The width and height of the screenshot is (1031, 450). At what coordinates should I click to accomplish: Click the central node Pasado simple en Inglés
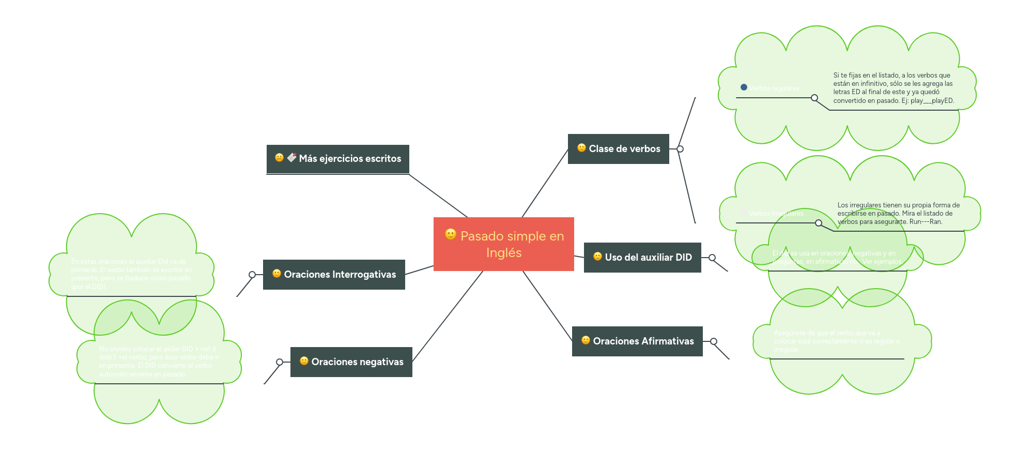click(503, 244)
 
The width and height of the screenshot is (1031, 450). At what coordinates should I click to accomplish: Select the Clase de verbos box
click(618, 149)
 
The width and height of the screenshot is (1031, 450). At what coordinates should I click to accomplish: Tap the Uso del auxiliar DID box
click(642, 258)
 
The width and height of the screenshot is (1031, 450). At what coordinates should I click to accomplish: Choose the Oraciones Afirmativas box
click(637, 341)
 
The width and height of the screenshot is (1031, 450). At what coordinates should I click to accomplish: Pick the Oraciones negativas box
click(351, 362)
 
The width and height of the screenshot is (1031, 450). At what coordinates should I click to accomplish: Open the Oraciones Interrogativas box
click(333, 275)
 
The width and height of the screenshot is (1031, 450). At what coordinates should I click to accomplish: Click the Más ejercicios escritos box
click(337, 159)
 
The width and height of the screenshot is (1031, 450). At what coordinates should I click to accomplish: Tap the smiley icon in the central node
click(451, 234)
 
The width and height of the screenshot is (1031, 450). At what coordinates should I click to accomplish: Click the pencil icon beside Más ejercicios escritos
click(292, 157)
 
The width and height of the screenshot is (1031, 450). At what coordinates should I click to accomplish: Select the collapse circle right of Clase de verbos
click(680, 149)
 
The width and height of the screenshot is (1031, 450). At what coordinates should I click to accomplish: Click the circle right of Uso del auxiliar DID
click(712, 258)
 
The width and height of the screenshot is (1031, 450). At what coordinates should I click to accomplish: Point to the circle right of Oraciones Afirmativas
click(714, 341)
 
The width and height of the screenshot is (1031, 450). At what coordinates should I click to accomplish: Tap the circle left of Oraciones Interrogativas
click(252, 275)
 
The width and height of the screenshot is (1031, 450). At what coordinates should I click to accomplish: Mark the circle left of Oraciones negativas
click(280, 362)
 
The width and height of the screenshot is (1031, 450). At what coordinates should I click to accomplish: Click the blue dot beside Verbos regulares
click(744, 87)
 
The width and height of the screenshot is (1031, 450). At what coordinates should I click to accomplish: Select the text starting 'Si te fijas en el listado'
click(893, 88)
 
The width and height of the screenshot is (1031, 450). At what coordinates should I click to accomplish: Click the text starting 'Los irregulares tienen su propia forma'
click(898, 214)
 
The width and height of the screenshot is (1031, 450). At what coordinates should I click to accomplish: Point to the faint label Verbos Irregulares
click(776, 214)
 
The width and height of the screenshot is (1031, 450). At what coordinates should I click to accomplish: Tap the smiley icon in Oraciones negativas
click(304, 361)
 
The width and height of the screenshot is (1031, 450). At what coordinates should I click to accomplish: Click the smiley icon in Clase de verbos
click(581, 148)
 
